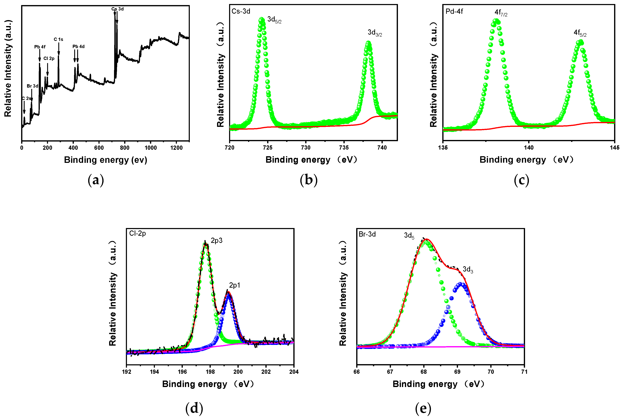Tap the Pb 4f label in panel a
(x=40, y=47)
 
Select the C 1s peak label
(x=58, y=39)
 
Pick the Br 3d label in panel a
(x=32, y=86)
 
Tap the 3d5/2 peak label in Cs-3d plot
(x=274, y=20)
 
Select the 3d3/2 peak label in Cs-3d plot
(x=375, y=33)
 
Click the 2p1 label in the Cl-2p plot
(x=234, y=285)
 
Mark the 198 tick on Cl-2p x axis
(x=210, y=372)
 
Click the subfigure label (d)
(x=194, y=408)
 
